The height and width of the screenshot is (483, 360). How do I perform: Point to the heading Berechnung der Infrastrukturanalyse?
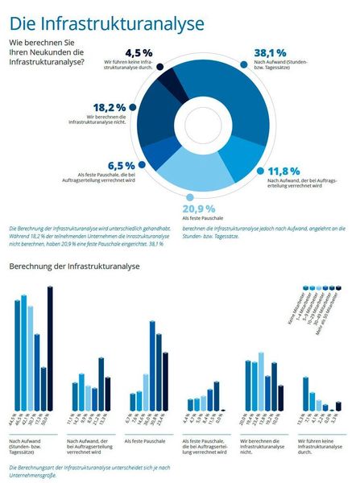(74, 266)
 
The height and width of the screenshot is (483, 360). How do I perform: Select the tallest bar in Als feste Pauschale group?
(151, 366)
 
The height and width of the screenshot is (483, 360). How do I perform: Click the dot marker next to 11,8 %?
(260, 171)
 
